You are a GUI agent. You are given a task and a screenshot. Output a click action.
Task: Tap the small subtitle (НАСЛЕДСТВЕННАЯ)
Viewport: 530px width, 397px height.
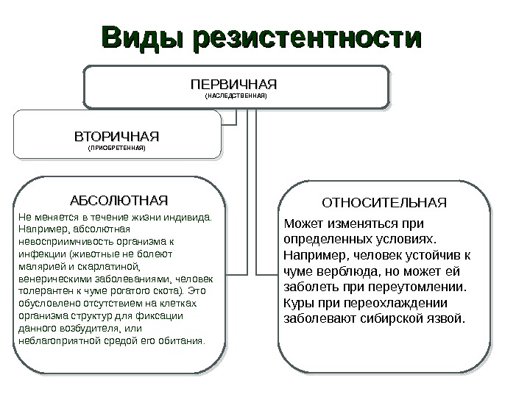[x=236, y=96]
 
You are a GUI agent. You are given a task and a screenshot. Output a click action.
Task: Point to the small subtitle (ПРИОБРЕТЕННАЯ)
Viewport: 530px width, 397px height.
[x=117, y=149]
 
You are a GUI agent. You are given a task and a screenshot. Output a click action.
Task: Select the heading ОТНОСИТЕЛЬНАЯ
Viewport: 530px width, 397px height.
[x=385, y=201]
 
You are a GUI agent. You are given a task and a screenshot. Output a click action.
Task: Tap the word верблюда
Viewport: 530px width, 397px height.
[x=340, y=271]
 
